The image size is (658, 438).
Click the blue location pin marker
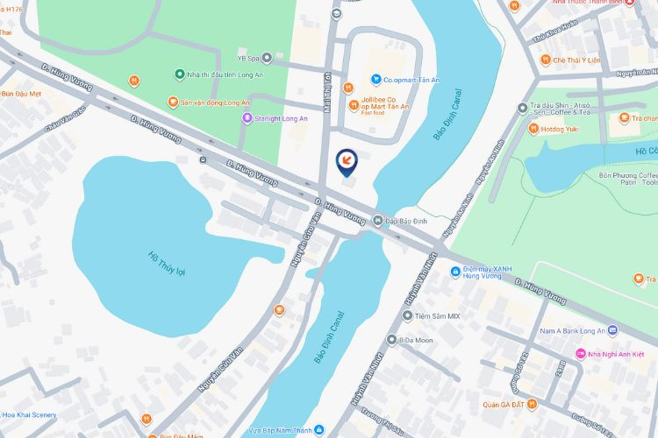[x=347, y=161]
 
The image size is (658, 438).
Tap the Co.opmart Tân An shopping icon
[x=375, y=80]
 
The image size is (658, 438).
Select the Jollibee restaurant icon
[x=348, y=88]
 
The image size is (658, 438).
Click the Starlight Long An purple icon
[x=247, y=118]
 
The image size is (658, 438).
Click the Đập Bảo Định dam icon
[x=377, y=220]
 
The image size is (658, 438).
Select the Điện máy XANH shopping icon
[x=455, y=272]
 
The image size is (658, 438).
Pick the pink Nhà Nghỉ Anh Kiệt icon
[x=580, y=354]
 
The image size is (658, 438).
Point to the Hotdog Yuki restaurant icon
[x=533, y=129]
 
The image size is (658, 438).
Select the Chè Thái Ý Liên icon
[x=544, y=60]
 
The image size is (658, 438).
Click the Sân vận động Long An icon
[x=174, y=102]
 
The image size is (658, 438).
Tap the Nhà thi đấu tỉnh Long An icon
[x=179, y=74]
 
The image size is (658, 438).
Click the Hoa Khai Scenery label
[x=29, y=414]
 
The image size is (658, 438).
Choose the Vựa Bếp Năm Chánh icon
[x=319, y=430]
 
